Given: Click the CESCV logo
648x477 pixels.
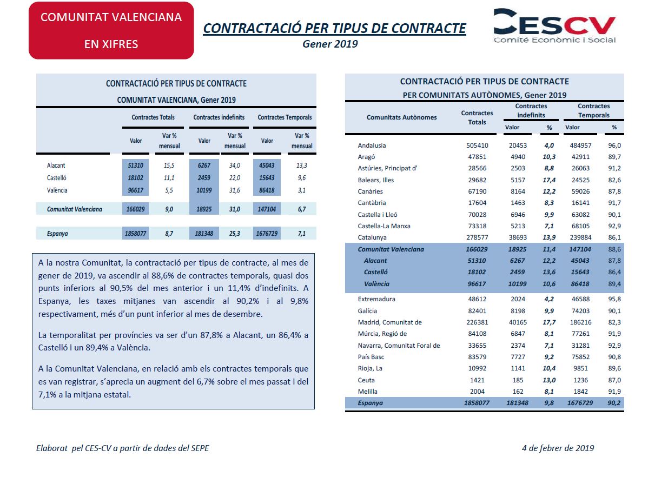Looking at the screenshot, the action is pyautogui.click(x=554, y=25).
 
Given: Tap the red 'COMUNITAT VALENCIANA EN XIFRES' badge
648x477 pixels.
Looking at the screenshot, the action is pyautogui.click(x=111, y=31).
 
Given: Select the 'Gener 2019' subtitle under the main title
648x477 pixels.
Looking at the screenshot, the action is pyautogui.click(x=330, y=44).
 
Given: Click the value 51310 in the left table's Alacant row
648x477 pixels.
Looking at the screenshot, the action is pyautogui.click(x=136, y=165).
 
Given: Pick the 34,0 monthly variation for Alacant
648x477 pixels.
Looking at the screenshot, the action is pyautogui.click(x=235, y=165).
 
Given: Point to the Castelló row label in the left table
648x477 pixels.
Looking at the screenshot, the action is pyautogui.click(x=57, y=178).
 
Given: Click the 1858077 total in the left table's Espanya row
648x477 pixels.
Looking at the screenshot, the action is pyautogui.click(x=136, y=234).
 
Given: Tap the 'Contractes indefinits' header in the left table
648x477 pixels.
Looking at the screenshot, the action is pyautogui.click(x=219, y=117).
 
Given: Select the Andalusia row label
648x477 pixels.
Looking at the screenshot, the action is pyautogui.click(x=372, y=145).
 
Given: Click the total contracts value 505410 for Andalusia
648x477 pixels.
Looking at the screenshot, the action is pyautogui.click(x=477, y=145).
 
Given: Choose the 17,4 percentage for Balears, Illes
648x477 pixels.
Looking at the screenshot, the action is pyautogui.click(x=549, y=180).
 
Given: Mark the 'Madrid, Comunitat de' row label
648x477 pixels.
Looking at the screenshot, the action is pyautogui.click(x=389, y=322).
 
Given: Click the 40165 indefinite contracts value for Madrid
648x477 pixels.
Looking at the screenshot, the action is pyautogui.click(x=518, y=322).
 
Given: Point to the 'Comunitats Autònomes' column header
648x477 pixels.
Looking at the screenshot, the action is pyautogui.click(x=402, y=117).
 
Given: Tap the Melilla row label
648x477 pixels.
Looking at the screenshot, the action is pyautogui.click(x=368, y=392).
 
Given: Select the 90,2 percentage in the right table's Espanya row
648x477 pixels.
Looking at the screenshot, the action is pyautogui.click(x=614, y=403).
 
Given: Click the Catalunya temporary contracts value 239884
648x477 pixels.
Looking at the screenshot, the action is pyautogui.click(x=580, y=237).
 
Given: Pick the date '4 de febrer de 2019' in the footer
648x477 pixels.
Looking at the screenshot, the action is pyautogui.click(x=558, y=448).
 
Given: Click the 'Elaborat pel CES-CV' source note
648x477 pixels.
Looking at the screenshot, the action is pyautogui.click(x=123, y=448).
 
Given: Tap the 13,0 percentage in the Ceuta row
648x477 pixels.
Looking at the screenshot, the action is pyautogui.click(x=549, y=380).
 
